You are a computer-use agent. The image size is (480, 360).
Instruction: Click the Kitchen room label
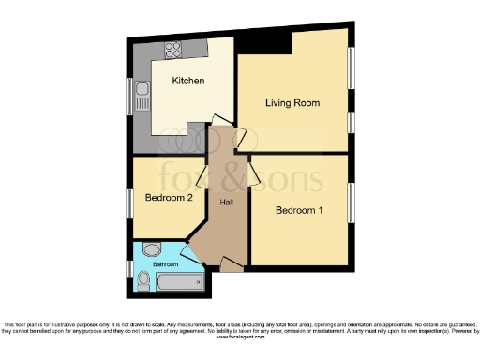click(187, 81)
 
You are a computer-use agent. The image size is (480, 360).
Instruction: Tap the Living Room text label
click(292, 102)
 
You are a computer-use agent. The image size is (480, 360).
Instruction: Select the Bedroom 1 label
click(299, 211)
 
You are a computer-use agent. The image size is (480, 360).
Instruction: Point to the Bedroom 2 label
click(169, 198)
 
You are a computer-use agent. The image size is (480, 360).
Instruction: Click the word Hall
click(227, 202)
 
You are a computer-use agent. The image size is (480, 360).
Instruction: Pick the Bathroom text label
click(152, 264)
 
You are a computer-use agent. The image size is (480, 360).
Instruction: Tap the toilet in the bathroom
click(155, 248)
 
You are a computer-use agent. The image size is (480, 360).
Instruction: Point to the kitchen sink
click(142, 95)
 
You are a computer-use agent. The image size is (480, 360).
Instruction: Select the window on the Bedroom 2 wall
click(130, 202)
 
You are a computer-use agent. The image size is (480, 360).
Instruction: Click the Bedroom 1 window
click(352, 202)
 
